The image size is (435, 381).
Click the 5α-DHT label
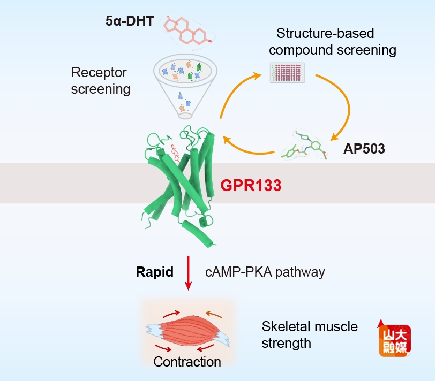click(x=130, y=22)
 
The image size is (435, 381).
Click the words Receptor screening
click(x=101, y=80)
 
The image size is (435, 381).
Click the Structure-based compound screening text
click(x=332, y=42)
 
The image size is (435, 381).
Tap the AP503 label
click(x=364, y=149)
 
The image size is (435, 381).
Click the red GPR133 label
click(x=251, y=186)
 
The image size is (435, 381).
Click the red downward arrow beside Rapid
click(x=188, y=273)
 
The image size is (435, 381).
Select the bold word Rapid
click(x=154, y=272)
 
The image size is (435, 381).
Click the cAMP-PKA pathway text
click(x=265, y=272)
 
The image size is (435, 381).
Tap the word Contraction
click(x=187, y=362)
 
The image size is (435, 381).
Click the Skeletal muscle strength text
click(x=310, y=334)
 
